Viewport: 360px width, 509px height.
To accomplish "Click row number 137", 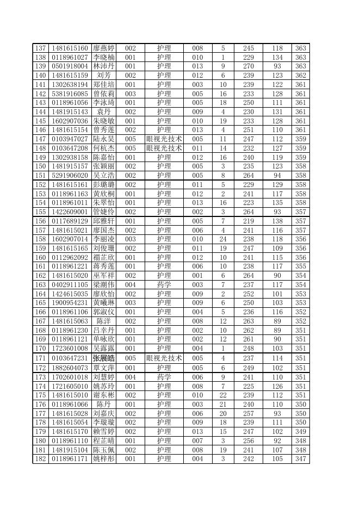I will tap(41, 48).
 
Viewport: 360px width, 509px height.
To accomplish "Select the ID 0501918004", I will tap(70, 66).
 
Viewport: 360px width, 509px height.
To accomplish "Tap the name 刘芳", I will tap(103, 76).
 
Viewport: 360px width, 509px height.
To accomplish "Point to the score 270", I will tap(249, 66).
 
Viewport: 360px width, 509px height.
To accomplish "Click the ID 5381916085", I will tap(70, 94).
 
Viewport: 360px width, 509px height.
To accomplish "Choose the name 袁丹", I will tap(103, 112).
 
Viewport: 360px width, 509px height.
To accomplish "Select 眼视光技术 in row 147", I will tap(164, 139).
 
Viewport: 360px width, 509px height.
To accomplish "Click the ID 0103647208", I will tap(70, 148).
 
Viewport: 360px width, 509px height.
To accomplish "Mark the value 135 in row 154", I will tap(277, 203).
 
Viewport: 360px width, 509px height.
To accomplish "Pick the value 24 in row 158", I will tap(223, 239).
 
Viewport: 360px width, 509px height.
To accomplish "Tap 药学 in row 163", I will tap(164, 285).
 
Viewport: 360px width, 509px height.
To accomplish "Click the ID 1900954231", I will tap(70, 303).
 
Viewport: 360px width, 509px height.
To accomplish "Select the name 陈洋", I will tap(103, 321).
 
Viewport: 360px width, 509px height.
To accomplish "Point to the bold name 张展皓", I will tap(103, 358).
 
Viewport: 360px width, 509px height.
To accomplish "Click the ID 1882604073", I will tap(70, 368).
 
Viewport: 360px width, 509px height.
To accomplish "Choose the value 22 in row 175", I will tap(223, 395).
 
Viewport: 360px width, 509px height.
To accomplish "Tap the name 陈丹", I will tap(103, 405).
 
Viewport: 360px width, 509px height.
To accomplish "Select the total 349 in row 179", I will tap(301, 432).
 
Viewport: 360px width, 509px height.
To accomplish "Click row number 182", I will tap(41, 460).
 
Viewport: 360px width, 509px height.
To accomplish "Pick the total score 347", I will tap(301, 460).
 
